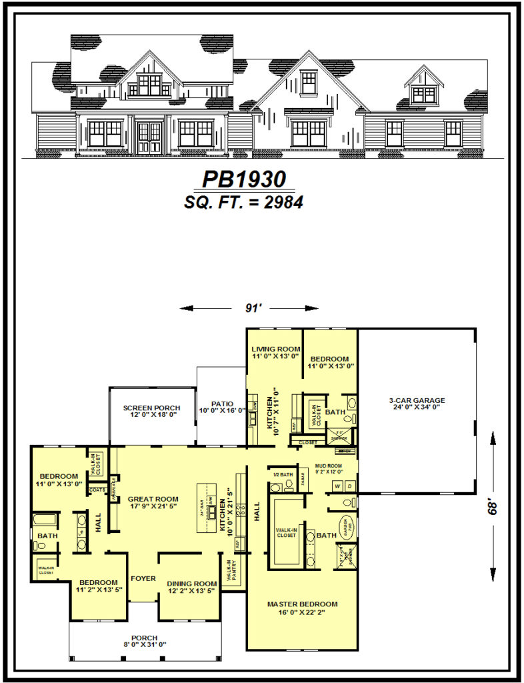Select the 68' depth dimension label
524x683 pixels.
click(493, 508)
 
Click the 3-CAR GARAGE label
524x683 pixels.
click(417, 401)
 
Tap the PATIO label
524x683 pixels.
click(222, 404)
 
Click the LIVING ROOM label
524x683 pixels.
click(274, 349)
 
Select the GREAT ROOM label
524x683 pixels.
click(153, 498)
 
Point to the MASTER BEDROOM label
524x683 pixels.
click(302, 604)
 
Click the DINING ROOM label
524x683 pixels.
click(191, 583)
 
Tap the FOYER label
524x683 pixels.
click(143, 578)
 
